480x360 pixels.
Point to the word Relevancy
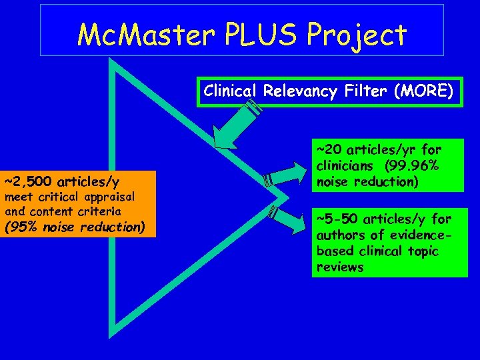point(295,91)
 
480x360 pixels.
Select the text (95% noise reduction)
point(75,227)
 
